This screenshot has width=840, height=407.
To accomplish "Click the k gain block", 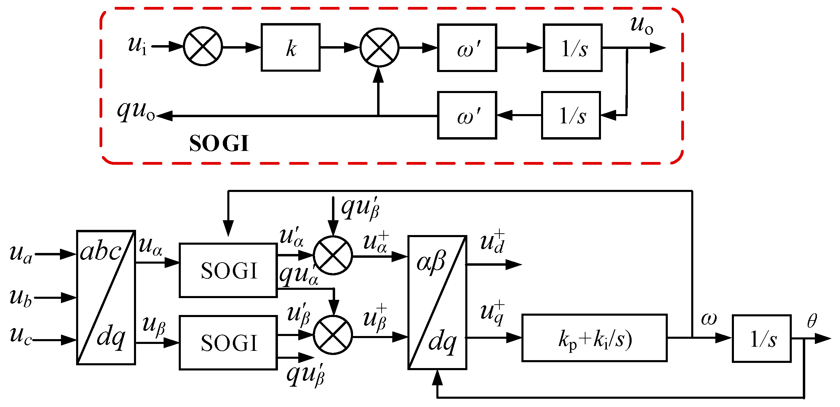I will (x=290, y=48).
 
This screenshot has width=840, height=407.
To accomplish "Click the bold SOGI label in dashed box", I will (x=219, y=143).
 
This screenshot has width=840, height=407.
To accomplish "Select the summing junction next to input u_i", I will (x=203, y=46).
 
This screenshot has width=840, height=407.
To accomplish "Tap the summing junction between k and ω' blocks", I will (x=379, y=48).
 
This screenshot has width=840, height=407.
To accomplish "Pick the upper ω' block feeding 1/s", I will (x=467, y=48).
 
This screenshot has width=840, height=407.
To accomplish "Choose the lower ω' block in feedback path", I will (x=467, y=115).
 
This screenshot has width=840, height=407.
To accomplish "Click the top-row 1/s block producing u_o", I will (x=572, y=48).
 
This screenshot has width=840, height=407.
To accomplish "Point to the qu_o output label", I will (x=136, y=111).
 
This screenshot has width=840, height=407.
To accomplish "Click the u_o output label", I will (x=641, y=25).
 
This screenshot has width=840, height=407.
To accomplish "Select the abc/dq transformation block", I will (x=106, y=297).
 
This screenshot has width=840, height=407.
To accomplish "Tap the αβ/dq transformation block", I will (x=437, y=302).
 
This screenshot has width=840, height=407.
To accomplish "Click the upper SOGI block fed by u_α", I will (x=228, y=271).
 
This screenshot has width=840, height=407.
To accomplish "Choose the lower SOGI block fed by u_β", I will (x=228, y=343).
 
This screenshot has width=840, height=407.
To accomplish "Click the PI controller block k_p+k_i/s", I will (x=594, y=338).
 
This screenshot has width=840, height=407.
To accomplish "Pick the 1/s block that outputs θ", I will (x=761, y=339).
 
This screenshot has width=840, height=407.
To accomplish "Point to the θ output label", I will (x=812, y=321).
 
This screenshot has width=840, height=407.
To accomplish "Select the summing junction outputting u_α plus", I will (x=333, y=256).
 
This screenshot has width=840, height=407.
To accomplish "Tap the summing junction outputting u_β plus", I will (x=333, y=335).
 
